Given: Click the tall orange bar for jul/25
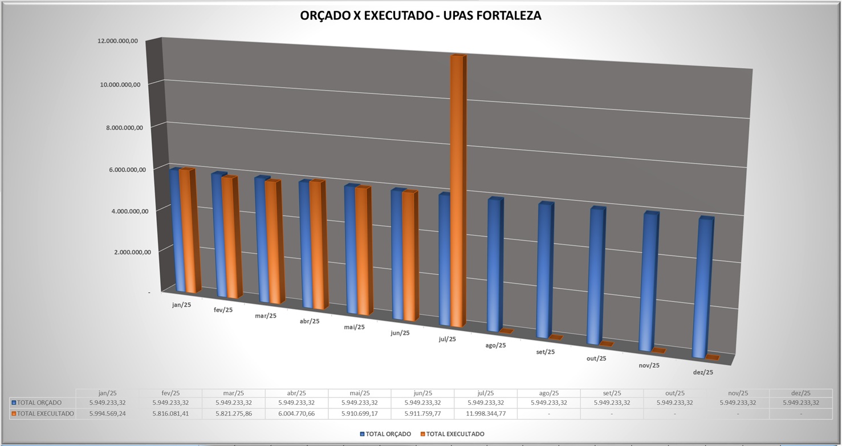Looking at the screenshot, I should pyautogui.click(x=457, y=188).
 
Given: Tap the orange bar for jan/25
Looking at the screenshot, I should pyautogui.click(x=188, y=231).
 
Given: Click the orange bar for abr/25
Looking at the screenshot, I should pyautogui.click(x=317, y=245).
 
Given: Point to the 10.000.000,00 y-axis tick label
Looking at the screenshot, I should pyautogui.click(x=120, y=84).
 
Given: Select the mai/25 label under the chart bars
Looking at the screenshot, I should pyautogui.click(x=354, y=327).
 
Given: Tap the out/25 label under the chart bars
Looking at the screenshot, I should pyautogui.click(x=596, y=359).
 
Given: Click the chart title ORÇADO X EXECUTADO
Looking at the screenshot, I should pyautogui.click(x=420, y=16).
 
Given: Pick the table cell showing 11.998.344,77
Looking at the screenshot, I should pyautogui.click(x=486, y=413).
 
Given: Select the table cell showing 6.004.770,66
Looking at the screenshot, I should pyautogui.click(x=296, y=413).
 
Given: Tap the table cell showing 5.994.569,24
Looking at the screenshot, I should pyautogui.click(x=108, y=413).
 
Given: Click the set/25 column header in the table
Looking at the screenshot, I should pyautogui.click(x=612, y=393).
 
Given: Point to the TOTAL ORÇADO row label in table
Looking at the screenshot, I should pyautogui.click(x=39, y=403).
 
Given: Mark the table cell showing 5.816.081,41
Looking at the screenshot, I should pyautogui.click(x=170, y=413).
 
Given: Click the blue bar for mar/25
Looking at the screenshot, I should pyautogui.click(x=262, y=240).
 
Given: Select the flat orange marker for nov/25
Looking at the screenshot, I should pyautogui.click(x=658, y=350).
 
